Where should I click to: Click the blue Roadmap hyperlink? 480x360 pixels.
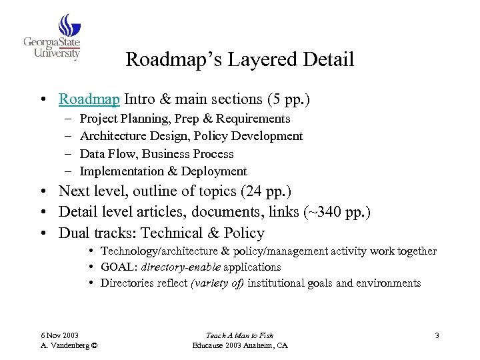tap(89, 99)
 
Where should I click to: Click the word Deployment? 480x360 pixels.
tap(214, 171)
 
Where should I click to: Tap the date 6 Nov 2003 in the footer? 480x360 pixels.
tap(61, 335)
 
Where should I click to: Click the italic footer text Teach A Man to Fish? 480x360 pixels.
tap(241, 335)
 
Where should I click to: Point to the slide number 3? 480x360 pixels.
tap(437, 335)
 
